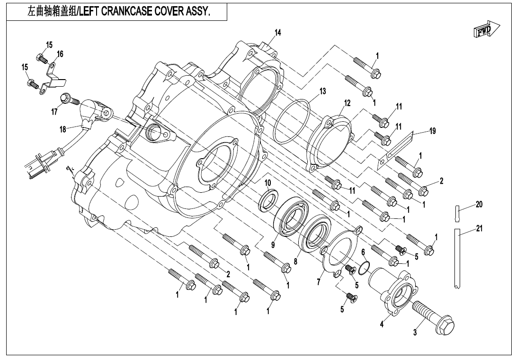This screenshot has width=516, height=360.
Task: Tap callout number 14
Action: point(278,33)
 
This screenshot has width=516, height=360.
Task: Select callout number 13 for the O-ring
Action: point(322,91)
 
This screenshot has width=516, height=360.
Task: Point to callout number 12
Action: point(347,103)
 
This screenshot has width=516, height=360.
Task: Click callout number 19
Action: point(432,132)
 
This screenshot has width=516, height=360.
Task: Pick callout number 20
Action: point(479,205)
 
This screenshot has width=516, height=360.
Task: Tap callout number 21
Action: point(479,229)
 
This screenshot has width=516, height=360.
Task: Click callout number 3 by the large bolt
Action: point(415,333)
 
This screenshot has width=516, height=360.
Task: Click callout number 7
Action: point(319,282)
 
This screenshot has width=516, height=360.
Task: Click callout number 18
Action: point(63,129)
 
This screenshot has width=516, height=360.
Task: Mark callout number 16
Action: point(60,54)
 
